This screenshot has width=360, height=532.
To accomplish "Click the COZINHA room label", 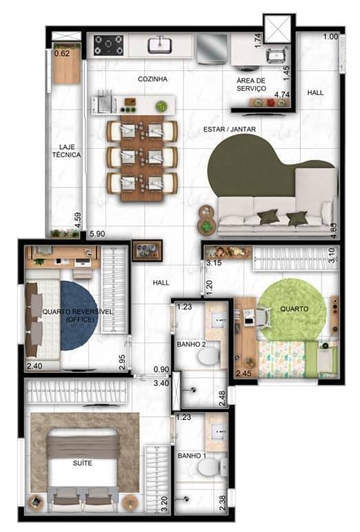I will tap(152, 79).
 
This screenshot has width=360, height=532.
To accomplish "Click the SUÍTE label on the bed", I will tap(82, 463).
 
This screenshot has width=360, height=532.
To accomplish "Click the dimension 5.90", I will tap(97, 234).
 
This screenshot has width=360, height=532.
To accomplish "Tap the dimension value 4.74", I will tap(281, 94).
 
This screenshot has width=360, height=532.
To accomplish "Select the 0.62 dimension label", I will tap(62, 53).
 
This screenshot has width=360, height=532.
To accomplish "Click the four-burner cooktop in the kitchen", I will tap(108, 45).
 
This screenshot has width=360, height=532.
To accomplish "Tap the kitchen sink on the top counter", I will tap(160, 45).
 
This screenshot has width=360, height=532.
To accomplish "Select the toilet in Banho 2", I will tap(208, 356).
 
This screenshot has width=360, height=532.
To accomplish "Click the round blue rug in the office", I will tap(78, 314).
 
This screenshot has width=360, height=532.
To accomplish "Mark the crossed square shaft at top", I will tap(278, 30).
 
